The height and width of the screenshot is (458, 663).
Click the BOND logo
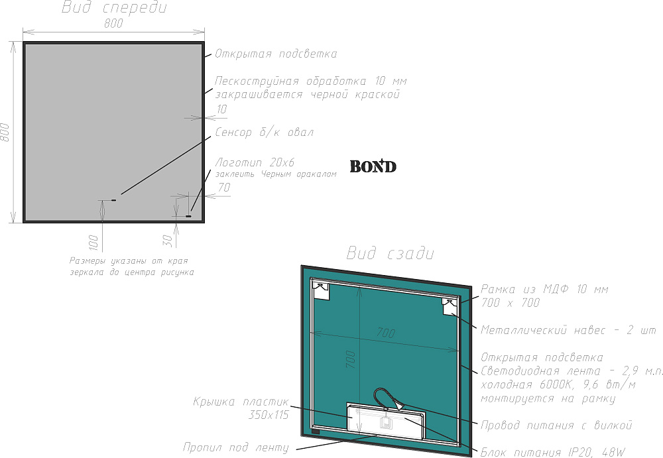(373, 166)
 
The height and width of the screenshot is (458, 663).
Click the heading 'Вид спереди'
(114, 7)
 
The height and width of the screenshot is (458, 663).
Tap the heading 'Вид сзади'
(390, 253)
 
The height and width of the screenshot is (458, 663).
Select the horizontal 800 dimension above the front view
(113, 23)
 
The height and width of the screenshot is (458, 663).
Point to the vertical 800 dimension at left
(5, 132)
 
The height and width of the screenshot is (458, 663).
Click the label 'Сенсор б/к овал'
(265, 133)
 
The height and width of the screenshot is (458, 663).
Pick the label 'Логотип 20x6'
(255, 162)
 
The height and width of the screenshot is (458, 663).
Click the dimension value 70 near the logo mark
(224, 187)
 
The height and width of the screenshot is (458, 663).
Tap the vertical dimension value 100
(93, 243)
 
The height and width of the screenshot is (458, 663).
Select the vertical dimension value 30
(168, 241)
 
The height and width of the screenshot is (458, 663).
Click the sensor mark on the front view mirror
(113, 200)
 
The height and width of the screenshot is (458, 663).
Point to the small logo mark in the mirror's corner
(188, 217)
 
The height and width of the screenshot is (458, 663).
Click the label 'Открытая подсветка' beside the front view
(276, 54)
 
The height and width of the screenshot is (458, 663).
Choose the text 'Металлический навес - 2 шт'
(568, 330)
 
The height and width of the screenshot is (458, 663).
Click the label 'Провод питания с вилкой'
(556, 425)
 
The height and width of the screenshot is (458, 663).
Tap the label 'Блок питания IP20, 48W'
(553, 452)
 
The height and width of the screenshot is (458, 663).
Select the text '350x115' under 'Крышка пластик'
(269, 415)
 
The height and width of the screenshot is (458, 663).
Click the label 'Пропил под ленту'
(236, 447)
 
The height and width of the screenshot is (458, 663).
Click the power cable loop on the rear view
(388, 399)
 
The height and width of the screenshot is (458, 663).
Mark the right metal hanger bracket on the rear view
(450, 306)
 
